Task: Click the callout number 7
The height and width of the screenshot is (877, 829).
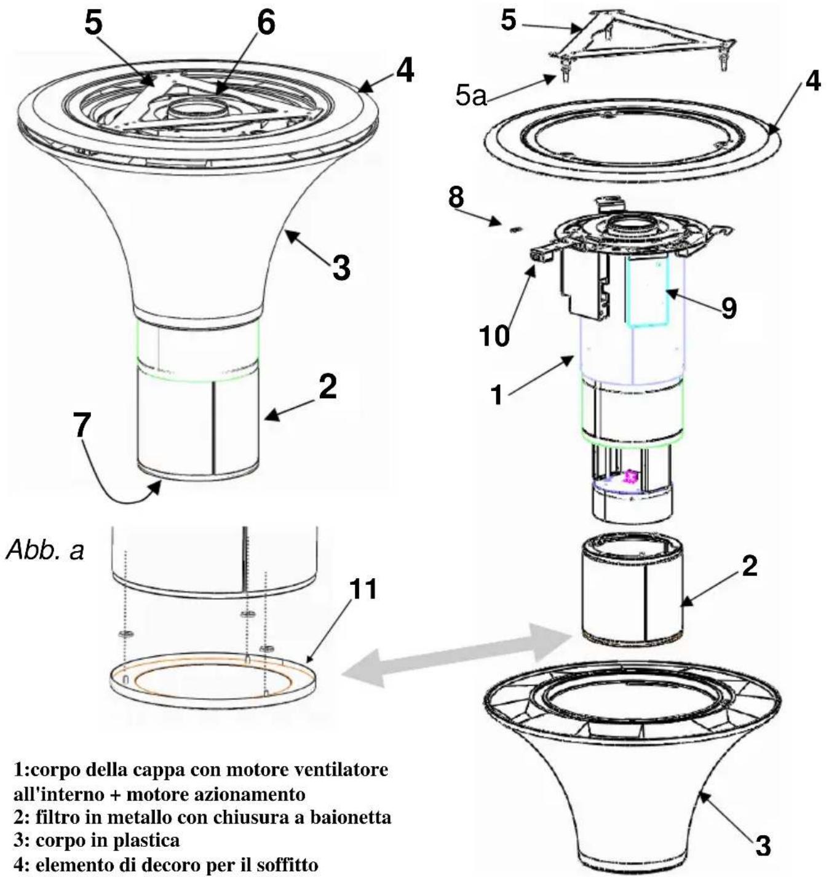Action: pyautogui.click(x=82, y=426)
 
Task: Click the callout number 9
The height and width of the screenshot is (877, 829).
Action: pyautogui.click(x=729, y=308)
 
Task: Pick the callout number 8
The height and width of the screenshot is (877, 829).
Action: pyautogui.click(x=456, y=197)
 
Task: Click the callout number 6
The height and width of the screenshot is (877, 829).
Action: pyautogui.click(x=266, y=23)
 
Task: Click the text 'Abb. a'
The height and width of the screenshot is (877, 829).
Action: pyautogui.click(x=45, y=550)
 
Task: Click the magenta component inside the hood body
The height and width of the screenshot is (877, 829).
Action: pyautogui.click(x=631, y=477)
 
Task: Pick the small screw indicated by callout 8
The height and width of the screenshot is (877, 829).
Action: pyautogui.click(x=516, y=229)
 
